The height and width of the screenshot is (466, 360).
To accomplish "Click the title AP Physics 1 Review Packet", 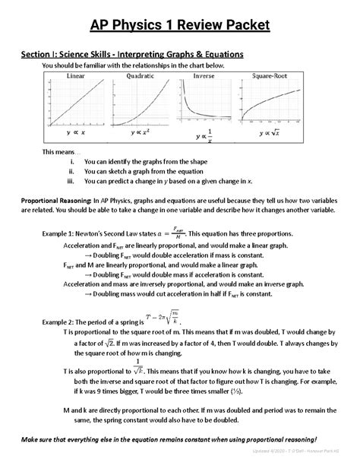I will pyautogui.click(x=180, y=27).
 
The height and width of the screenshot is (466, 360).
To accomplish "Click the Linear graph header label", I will pyautogui.click(x=76, y=77).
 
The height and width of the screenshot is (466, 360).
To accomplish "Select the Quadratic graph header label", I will pyautogui.click(x=141, y=77).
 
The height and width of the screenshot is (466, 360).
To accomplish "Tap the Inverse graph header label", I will pyautogui.click(x=204, y=77).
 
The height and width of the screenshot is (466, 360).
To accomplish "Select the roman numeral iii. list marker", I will pyautogui.click(x=72, y=182).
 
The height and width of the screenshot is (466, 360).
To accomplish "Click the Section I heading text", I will pyautogui.click(x=131, y=55).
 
